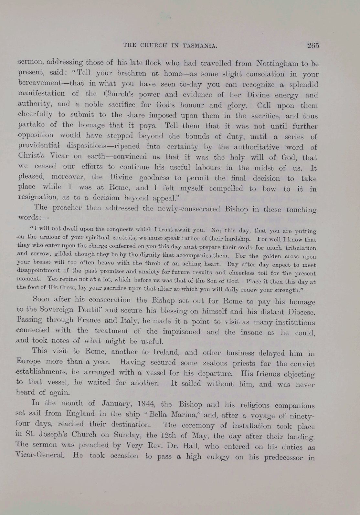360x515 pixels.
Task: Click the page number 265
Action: click(x=313, y=45)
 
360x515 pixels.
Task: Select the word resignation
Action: click(x=37, y=198)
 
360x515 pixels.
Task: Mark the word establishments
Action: click(x=41, y=372)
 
